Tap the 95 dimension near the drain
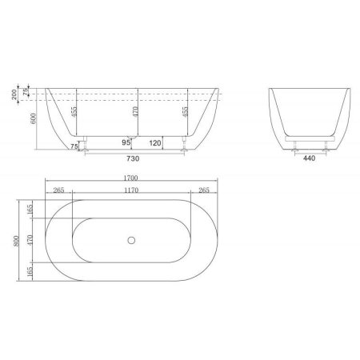coord(126,142)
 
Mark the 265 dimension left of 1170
coord(58,190)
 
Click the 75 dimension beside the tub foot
coord(73,147)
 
